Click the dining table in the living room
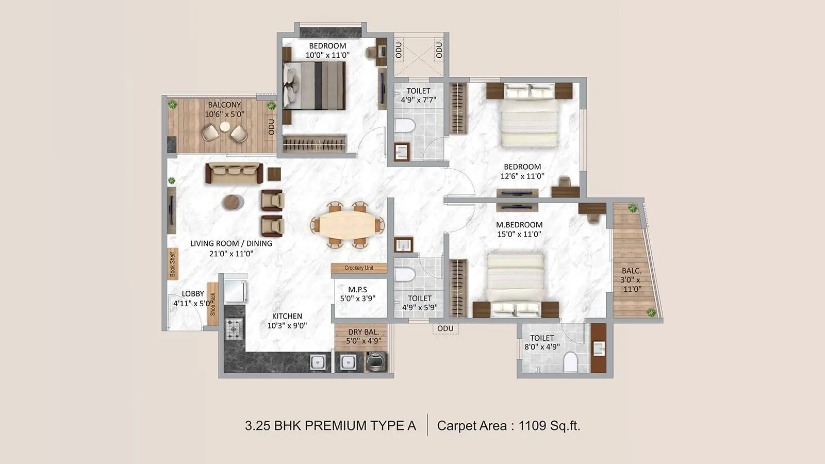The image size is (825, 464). click(347, 225)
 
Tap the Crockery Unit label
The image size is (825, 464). click(359, 268)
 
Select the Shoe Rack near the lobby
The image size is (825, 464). click(212, 304)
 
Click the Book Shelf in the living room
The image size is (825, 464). click(172, 264)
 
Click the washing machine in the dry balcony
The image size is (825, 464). click(376, 362)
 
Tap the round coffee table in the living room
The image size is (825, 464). click(233, 202)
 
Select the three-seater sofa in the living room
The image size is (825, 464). click(234, 173)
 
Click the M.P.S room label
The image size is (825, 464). click(357, 294)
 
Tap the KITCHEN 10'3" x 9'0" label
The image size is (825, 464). click(287, 321)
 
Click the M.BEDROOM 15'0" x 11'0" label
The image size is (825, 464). click(519, 229)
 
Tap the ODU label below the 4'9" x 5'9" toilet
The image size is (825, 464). click(445, 328)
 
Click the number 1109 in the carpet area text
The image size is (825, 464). click(532, 426)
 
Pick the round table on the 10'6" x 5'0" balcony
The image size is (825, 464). click(224, 126)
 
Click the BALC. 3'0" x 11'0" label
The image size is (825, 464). click(631, 280)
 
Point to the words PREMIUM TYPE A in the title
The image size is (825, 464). click(360, 426)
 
